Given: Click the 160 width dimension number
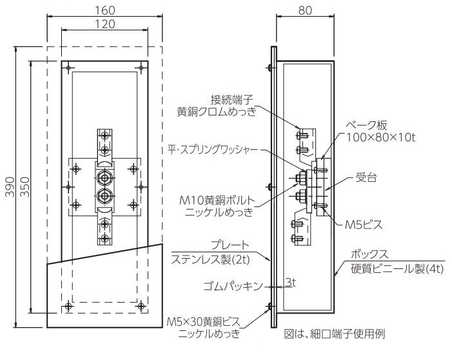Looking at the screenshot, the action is tap(105, 11).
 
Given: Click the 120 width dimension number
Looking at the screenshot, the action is tap(105, 25).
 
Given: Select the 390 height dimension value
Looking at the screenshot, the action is tap(10, 187).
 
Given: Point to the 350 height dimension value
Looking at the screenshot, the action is tap(25, 187).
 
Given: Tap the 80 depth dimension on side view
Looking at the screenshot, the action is tap(305, 11).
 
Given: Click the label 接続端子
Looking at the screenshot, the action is tap(232, 100).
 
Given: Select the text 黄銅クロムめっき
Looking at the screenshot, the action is tap(217, 112).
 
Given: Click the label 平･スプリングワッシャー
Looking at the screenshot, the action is tap(213, 150).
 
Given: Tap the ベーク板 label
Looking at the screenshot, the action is tap(366, 125).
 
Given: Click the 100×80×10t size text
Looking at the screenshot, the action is tap(380, 137).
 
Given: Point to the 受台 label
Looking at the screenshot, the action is tap(366, 177).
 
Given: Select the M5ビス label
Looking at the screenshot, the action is tap(364, 225).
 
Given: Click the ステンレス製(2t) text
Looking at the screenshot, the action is tap(210, 259).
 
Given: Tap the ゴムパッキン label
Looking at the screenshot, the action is tap(233, 286).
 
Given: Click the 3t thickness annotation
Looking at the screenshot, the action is tap(291, 283).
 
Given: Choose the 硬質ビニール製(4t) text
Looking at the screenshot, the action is tap(397, 269).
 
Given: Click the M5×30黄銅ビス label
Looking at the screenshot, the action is tap(204, 321).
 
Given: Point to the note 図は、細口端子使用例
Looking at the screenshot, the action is tap(335, 334).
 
